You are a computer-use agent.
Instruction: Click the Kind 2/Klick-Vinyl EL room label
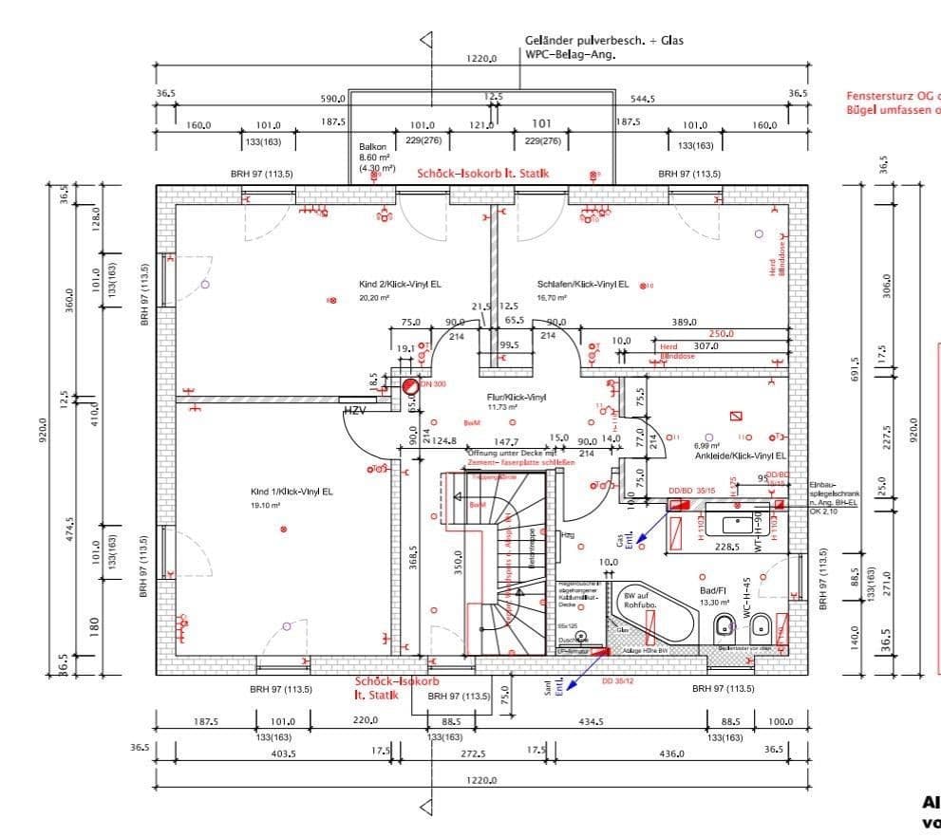pyautogui.click(x=399, y=284)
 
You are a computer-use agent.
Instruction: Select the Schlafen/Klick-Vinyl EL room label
pyautogui.click(x=582, y=284)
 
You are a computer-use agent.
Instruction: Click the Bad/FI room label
pyautogui.click(x=711, y=589)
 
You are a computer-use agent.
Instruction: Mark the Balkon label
pyautogui.click(x=369, y=147)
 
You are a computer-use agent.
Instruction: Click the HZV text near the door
pyautogui.click(x=354, y=411)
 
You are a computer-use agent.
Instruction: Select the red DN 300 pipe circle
pyautogui.click(x=409, y=386)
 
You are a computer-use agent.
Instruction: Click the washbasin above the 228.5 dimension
pyautogui.click(x=736, y=522)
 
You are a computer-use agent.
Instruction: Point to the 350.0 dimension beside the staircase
pyautogui.click(x=458, y=562)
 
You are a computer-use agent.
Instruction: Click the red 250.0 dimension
pyautogui.click(x=722, y=334)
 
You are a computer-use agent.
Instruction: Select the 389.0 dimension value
pyautogui.click(x=685, y=323)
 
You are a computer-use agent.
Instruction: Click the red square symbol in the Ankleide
pyautogui.click(x=735, y=416)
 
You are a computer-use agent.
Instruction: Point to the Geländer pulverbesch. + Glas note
pyautogui.click(x=603, y=41)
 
